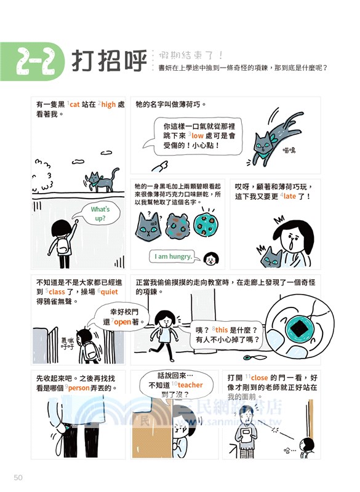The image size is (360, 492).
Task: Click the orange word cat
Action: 74,105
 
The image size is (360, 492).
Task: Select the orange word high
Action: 108,105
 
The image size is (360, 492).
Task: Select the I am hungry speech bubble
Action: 173,256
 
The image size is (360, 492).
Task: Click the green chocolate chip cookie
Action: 207,224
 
